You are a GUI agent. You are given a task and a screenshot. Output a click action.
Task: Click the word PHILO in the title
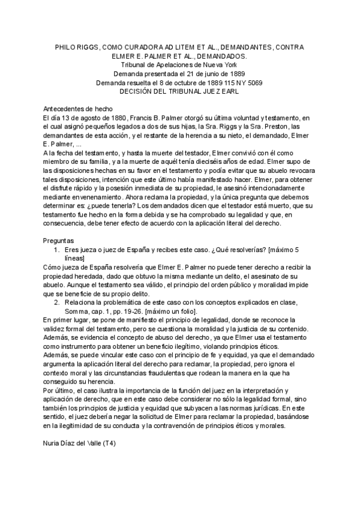click(x=67, y=47)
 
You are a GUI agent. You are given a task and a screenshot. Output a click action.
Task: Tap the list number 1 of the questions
click(x=56, y=250)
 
